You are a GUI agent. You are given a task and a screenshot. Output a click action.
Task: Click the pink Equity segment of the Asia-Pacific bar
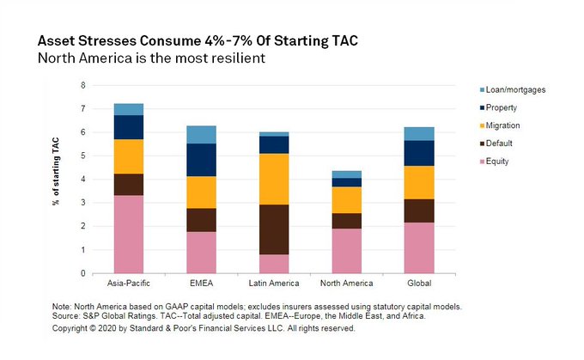(129, 234)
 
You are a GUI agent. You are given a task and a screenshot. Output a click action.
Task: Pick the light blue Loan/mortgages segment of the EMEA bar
(201, 134)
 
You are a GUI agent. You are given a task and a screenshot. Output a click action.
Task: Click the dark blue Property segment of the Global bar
(419, 153)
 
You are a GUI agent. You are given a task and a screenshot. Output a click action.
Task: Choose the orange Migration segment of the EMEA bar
(201, 192)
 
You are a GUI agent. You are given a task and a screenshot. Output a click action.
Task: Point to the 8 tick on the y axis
(83, 85)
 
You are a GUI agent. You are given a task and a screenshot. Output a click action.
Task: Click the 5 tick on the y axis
(83, 156)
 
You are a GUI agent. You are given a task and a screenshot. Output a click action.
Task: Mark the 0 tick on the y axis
(83, 273)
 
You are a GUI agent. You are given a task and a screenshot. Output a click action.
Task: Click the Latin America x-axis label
(274, 284)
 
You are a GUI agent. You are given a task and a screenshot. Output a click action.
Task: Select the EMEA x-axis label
(201, 284)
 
